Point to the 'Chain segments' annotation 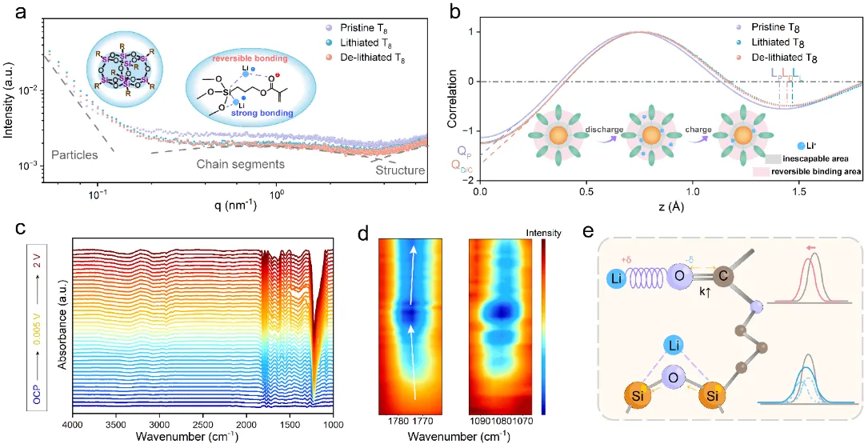tap(242, 164)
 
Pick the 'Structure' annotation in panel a tap(400, 170)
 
